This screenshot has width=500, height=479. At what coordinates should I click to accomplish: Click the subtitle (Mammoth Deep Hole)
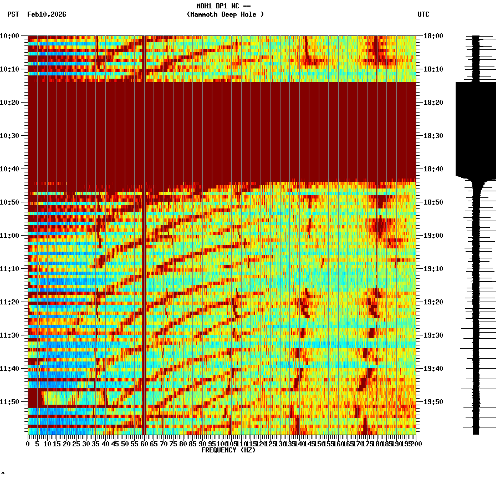[x=225, y=14]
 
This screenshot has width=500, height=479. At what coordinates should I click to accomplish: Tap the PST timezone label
[x=13, y=14]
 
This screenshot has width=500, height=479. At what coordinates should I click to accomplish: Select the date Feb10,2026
[x=47, y=14]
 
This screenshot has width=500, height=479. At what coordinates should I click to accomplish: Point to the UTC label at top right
[x=424, y=14]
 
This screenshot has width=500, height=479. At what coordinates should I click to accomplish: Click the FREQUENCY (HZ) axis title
[x=228, y=450]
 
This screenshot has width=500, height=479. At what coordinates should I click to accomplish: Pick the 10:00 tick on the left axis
[x=10, y=36]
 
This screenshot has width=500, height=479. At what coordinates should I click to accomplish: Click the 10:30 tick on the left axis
[x=10, y=136]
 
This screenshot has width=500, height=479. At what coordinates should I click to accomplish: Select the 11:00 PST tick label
[x=10, y=236]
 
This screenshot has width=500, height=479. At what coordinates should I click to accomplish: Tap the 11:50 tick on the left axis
[x=10, y=402]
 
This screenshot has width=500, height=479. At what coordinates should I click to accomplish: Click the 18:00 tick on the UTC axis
[x=433, y=36]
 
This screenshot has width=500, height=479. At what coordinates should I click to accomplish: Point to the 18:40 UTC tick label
[x=433, y=169]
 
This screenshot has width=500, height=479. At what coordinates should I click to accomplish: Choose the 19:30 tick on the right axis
[x=433, y=335]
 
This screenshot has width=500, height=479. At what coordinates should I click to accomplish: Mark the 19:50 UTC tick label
[x=433, y=402]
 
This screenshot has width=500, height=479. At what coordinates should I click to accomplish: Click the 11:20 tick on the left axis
[x=10, y=302]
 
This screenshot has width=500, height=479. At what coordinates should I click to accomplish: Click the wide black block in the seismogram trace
[x=476, y=129]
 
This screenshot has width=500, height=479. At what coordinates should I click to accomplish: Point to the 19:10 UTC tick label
[x=433, y=269]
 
